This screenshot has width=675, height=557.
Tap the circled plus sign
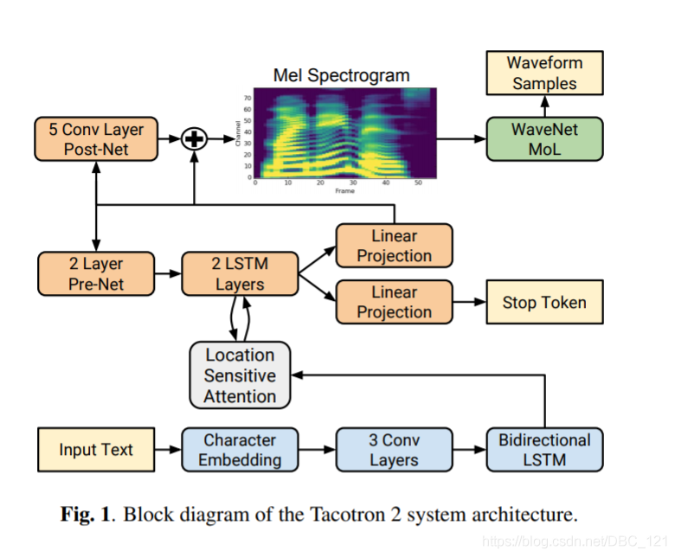(x=194, y=138)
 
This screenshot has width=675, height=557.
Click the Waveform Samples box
(x=543, y=74)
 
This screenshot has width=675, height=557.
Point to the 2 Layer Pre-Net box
(x=96, y=274)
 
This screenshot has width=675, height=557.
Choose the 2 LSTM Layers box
(x=240, y=274)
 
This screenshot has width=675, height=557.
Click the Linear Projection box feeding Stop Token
(x=394, y=302)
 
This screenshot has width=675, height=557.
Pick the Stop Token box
(x=543, y=302)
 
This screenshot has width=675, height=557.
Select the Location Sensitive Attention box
(x=240, y=375)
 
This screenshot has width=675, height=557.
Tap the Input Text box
(x=96, y=449)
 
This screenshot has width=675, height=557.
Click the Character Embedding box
(x=240, y=449)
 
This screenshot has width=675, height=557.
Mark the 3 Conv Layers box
(x=394, y=449)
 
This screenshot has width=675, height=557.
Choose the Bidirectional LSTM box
(x=543, y=449)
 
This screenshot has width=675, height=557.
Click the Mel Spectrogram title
(x=341, y=75)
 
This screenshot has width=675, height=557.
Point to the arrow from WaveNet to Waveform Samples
(x=543, y=106)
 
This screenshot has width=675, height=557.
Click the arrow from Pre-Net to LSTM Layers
(x=168, y=274)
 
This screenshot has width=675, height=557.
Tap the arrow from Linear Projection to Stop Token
(x=469, y=302)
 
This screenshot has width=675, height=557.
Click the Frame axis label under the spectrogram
(x=345, y=191)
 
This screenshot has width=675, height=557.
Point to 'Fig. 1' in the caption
(x=86, y=515)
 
